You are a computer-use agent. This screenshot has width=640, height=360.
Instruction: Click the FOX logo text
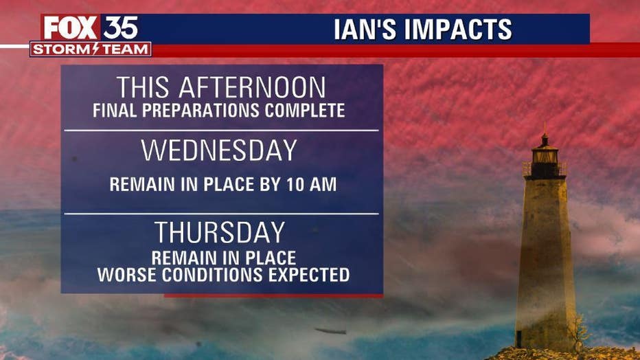[71, 27]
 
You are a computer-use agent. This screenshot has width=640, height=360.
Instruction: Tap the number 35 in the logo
[120, 27]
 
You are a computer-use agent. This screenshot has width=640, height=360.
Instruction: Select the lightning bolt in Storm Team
[96, 49]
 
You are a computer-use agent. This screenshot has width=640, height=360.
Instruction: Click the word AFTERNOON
[252, 87]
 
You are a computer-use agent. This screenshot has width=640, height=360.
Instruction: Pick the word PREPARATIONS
[201, 111]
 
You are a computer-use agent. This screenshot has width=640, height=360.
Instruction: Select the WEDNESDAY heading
[219, 150]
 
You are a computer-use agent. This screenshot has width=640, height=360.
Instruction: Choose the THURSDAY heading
[220, 232]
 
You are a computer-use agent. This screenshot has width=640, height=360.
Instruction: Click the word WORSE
[127, 275]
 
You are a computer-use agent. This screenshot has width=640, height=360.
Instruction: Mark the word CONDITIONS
[212, 275]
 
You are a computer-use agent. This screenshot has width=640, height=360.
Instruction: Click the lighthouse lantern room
[545, 156]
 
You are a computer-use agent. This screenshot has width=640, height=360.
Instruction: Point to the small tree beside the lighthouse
[579, 330]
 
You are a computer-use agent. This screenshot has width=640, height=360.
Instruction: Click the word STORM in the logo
[62, 49]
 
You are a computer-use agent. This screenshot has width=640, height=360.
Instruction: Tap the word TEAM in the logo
[124, 49]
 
